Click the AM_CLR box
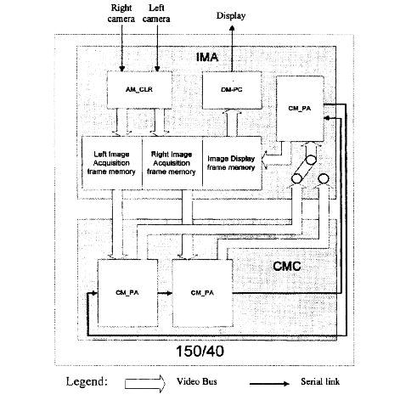click(x=139, y=90)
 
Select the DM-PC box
click(x=232, y=90)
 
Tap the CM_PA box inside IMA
click(x=300, y=109)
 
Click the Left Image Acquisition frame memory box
click(x=112, y=163)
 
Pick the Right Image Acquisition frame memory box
click(x=172, y=163)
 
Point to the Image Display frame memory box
click(x=232, y=163)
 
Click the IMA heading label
click(x=207, y=58)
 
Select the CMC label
click(x=287, y=266)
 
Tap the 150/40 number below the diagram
click(x=200, y=351)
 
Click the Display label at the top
click(x=231, y=15)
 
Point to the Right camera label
click(x=121, y=14)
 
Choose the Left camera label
click(x=156, y=14)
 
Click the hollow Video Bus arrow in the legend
click(x=145, y=384)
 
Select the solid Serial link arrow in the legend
click(x=269, y=384)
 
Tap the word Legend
click(x=87, y=382)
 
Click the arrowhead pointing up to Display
click(x=232, y=28)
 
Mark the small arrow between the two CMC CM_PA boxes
click(x=165, y=293)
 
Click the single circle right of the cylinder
click(x=324, y=179)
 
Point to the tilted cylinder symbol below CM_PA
click(x=304, y=169)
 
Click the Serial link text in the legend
click(x=320, y=381)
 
